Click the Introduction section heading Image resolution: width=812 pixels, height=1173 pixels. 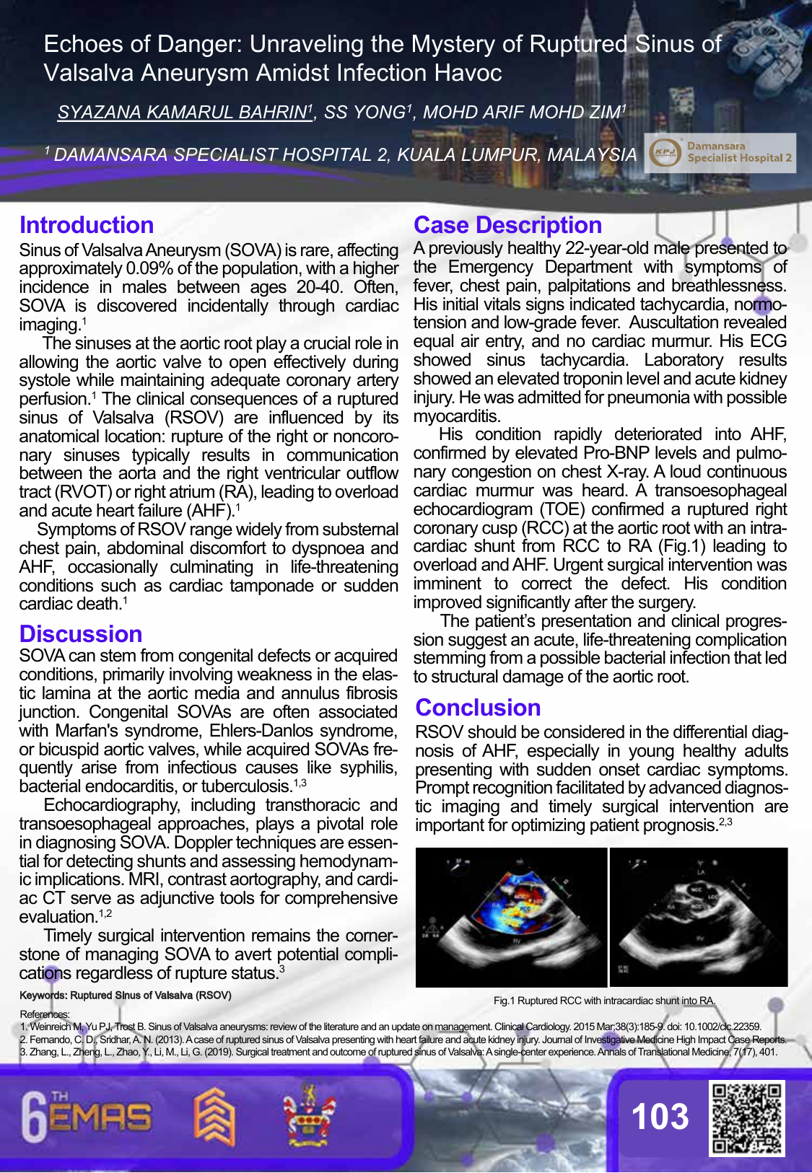click(x=87, y=225)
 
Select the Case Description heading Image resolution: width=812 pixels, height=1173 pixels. click(x=507, y=225)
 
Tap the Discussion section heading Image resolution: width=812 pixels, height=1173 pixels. click(x=81, y=634)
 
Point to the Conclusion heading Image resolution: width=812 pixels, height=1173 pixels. click(x=478, y=708)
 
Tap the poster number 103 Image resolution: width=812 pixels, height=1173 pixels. click(x=660, y=1117)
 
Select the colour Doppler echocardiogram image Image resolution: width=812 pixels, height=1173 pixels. click(x=512, y=917)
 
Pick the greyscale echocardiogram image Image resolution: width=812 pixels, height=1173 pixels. click(x=699, y=917)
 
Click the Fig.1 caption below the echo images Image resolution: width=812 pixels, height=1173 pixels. click(x=604, y=1001)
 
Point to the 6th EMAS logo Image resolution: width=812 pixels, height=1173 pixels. click(x=87, y=1117)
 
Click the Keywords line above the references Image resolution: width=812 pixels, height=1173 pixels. click(x=126, y=996)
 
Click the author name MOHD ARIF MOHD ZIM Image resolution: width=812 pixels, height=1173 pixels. click(x=523, y=113)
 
